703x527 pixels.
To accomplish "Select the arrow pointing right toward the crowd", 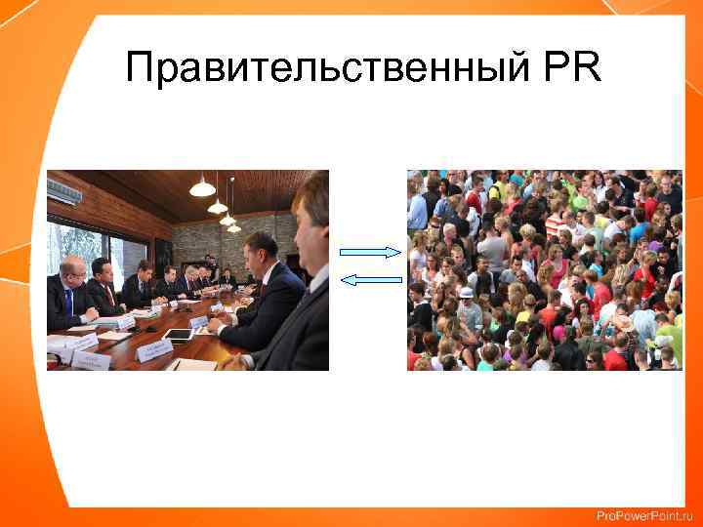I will tap(370, 252).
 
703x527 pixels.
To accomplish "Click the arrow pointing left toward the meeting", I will tap(371, 280).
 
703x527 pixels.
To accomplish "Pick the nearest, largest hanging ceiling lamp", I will tap(202, 186).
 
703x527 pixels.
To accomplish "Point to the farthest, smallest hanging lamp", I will tap(234, 228).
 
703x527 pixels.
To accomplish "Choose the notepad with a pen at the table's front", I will tap(191, 364).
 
